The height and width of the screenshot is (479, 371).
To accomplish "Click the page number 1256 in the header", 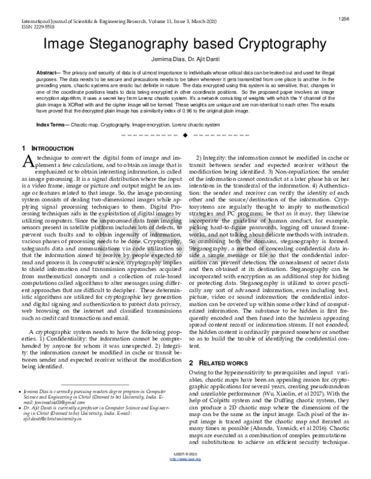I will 345,19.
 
